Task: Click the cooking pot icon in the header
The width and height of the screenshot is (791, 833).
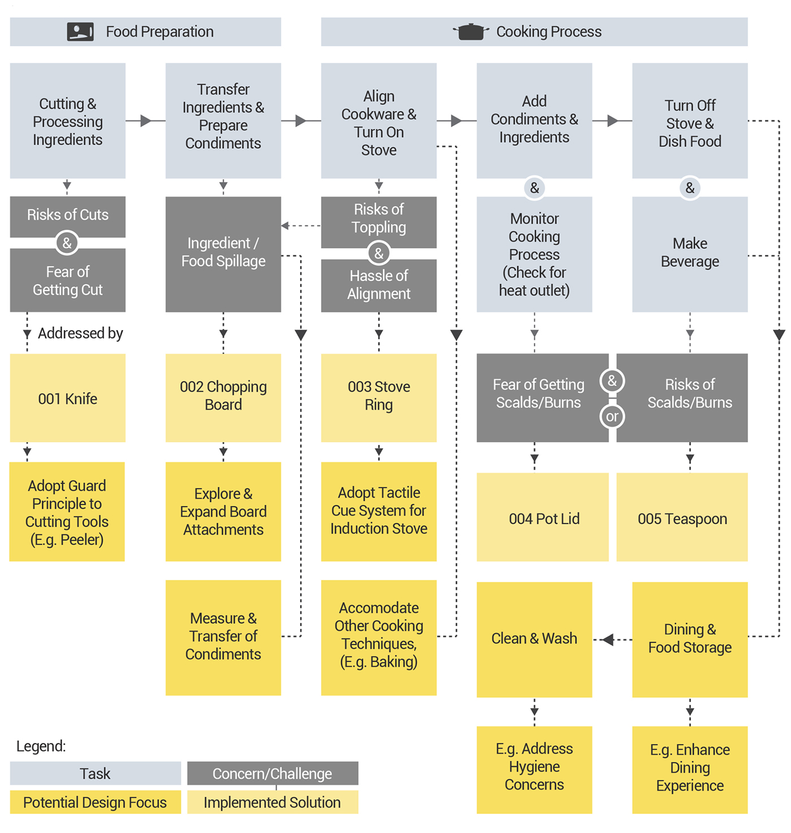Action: click(x=471, y=32)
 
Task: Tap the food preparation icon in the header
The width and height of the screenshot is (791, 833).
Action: click(x=80, y=32)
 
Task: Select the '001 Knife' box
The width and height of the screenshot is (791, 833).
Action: click(x=68, y=398)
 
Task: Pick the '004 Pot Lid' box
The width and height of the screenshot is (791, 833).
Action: click(x=542, y=517)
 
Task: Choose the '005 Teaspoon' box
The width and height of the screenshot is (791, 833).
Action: click(x=682, y=517)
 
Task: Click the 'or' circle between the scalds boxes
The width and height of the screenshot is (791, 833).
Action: click(x=612, y=417)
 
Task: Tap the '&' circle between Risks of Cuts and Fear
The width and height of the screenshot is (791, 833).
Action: click(x=67, y=243)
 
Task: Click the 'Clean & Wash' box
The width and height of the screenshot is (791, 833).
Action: click(x=534, y=639)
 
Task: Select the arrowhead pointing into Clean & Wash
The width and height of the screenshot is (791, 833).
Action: click(x=608, y=640)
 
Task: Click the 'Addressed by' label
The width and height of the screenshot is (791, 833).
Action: click(x=80, y=333)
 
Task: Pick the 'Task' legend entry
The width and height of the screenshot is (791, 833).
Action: click(x=95, y=773)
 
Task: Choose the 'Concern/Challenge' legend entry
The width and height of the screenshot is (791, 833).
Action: click(x=272, y=773)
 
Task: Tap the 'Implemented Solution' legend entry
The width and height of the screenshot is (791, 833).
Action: click(x=272, y=802)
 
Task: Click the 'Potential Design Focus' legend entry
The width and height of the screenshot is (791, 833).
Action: click(x=95, y=802)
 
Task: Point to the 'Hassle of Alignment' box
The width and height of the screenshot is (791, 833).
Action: click(x=379, y=285)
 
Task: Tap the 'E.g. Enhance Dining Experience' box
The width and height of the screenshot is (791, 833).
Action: click(x=690, y=769)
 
